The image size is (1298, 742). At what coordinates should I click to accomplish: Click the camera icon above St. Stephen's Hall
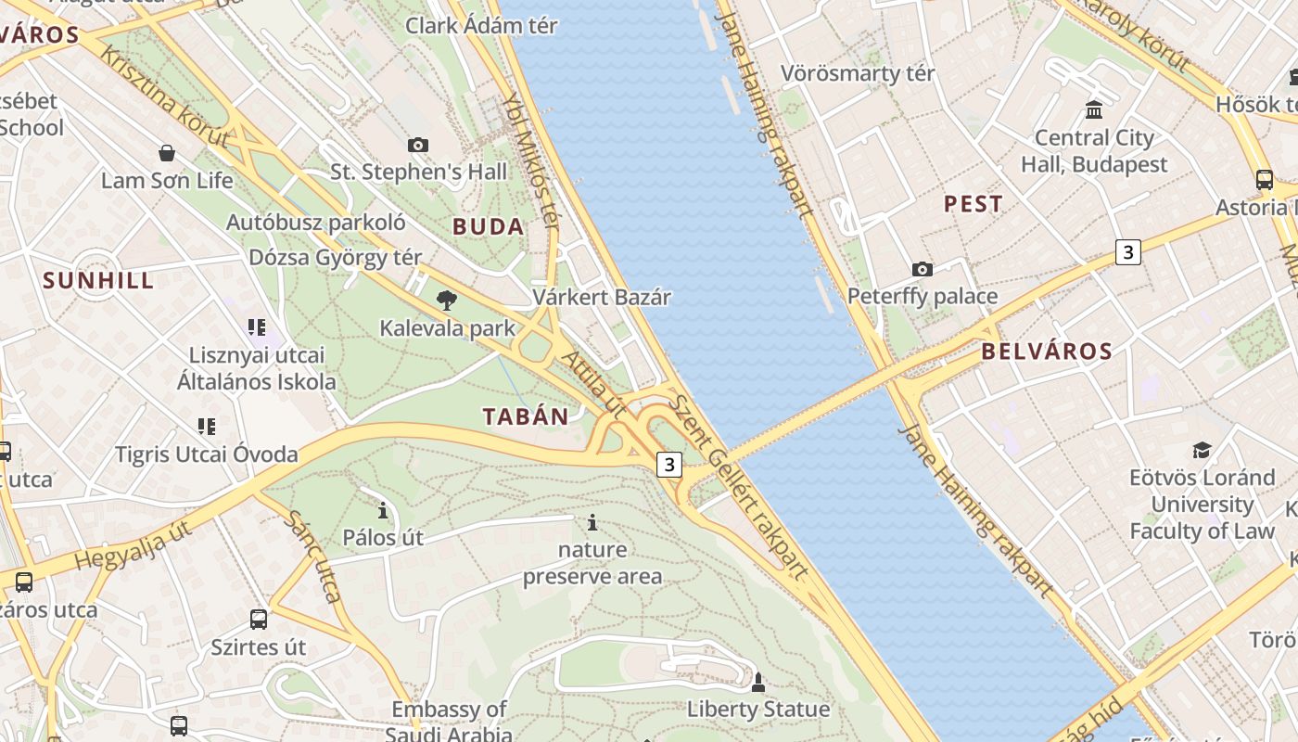click(418, 145)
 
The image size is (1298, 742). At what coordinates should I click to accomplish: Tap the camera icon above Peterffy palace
click(922, 269)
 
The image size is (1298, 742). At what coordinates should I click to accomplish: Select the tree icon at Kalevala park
click(446, 300)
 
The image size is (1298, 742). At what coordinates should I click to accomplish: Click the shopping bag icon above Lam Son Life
click(167, 152)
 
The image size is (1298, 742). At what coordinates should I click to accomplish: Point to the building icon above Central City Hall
click(1094, 110)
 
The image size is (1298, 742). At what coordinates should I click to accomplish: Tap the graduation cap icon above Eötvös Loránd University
click(1202, 450)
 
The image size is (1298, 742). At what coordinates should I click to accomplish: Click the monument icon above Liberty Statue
click(757, 683)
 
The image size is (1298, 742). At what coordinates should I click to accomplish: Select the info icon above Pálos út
click(382, 510)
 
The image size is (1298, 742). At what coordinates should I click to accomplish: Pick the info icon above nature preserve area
click(592, 522)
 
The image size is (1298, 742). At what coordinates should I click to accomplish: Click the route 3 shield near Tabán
click(669, 464)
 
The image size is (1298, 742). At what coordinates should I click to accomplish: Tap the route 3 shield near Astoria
click(1127, 251)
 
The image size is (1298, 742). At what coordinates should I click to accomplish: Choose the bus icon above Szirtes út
click(259, 619)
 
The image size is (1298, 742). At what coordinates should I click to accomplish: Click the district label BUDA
click(488, 226)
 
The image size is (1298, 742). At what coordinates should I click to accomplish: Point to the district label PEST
click(973, 204)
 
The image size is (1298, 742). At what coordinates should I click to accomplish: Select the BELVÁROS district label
click(1046, 352)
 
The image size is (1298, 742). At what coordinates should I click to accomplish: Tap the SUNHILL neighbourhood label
click(98, 281)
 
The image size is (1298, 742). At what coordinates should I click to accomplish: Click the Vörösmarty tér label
click(858, 73)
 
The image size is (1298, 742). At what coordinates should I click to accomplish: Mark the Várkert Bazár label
click(601, 298)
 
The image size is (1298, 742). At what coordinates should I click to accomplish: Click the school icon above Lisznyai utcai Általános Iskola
click(257, 326)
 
